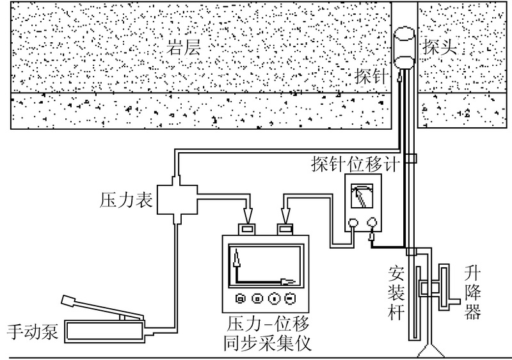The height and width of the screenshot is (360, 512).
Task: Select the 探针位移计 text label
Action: pos(356,162)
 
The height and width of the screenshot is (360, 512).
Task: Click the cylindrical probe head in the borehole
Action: pos(404,47)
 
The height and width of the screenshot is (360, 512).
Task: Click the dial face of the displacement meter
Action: pos(363,193)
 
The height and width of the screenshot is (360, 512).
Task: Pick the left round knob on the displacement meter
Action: pos(353,223)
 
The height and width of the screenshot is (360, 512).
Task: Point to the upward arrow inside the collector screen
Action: pos(236,263)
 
